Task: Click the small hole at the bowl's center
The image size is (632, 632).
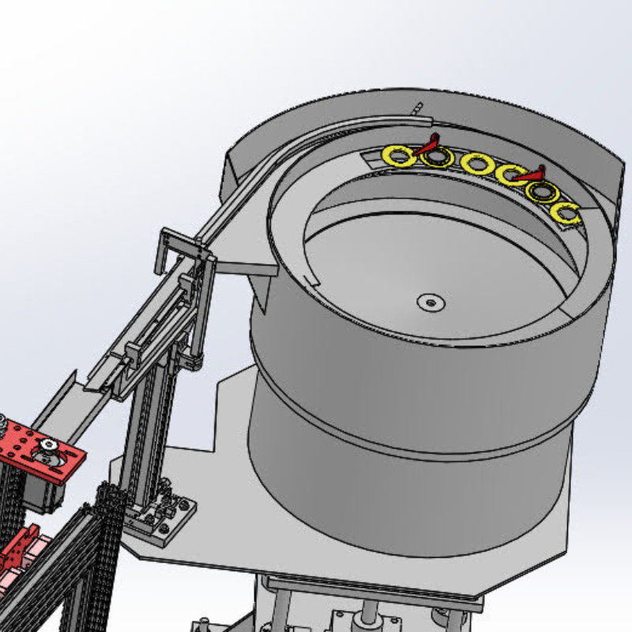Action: point(431,302)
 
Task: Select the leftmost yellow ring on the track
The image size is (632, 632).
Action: point(397,156)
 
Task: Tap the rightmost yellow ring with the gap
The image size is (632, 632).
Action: point(567,213)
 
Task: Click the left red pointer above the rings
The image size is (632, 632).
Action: point(430,145)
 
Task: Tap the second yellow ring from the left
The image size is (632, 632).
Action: point(436,157)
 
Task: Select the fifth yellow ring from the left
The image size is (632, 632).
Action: point(541,192)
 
